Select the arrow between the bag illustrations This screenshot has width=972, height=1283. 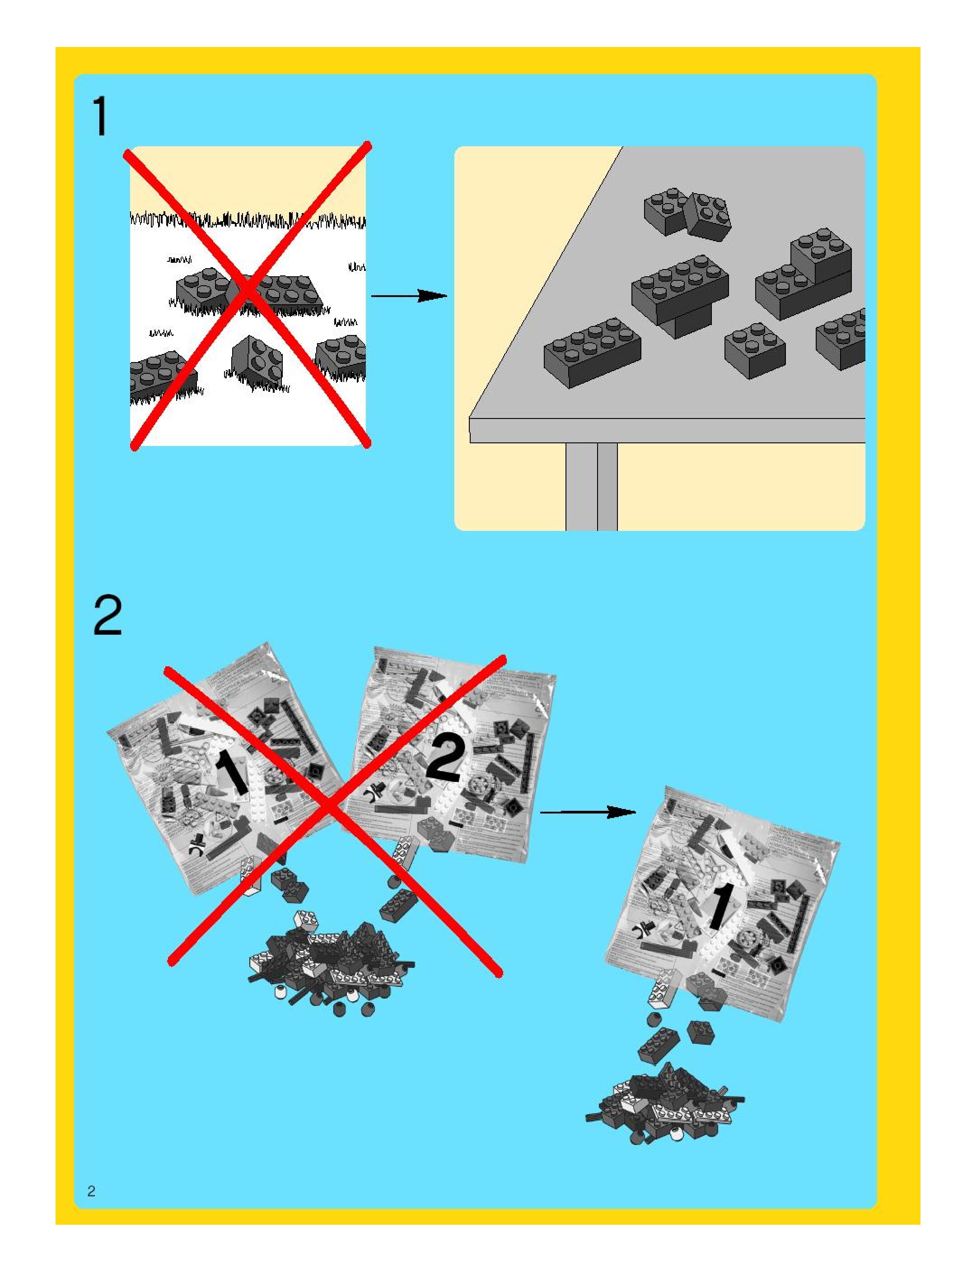tap(587, 813)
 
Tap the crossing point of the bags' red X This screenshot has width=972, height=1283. tap(328, 807)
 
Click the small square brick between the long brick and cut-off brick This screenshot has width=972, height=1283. tap(754, 350)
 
